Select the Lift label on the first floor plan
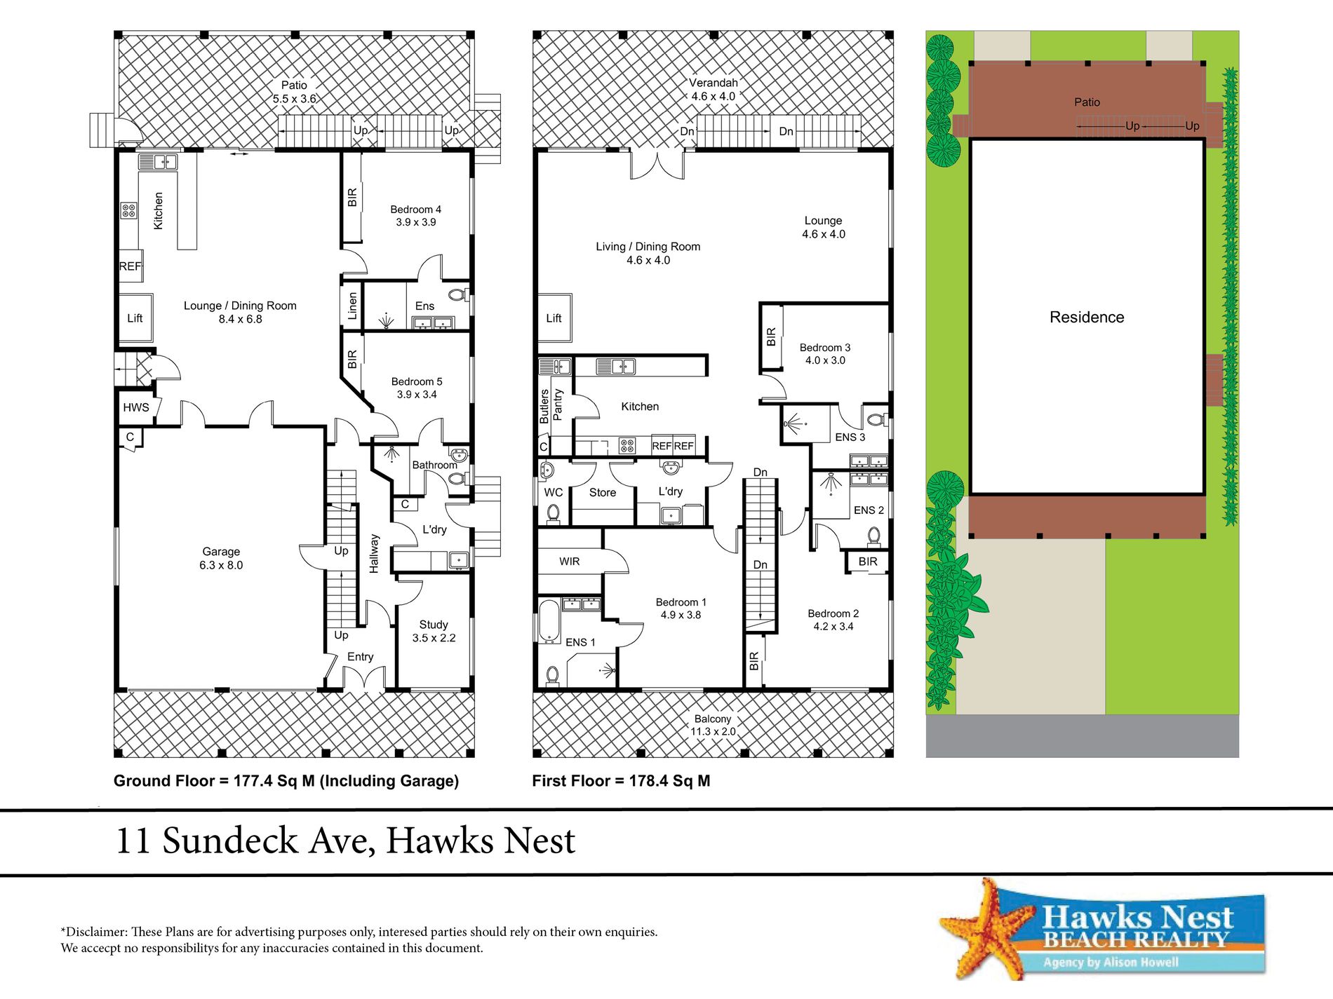(554, 318)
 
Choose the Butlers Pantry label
(551, 406)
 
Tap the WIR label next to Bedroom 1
(570, 562)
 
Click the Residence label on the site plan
(1087, 317)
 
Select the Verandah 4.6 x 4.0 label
(713, 90)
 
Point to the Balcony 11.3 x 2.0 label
(713, 725)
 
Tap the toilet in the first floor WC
(554, 514)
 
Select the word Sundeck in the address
(230, 840)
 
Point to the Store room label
(602, 493)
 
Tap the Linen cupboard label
(352, 306)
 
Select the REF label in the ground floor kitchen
(130, 266)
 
